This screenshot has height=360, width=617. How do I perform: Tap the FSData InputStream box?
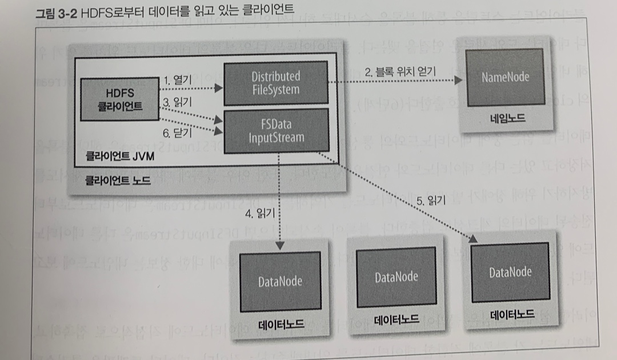[x=275, y=130]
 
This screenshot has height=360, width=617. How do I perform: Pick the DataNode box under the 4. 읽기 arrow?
[x=280, y=281]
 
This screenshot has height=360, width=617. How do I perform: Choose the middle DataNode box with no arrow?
[x=396, y=277]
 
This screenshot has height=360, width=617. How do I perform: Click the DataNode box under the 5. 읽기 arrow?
[x=510, y=273]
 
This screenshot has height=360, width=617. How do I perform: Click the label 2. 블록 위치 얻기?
[x=400, y=72]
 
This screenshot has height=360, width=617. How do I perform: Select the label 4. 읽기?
[x=259, y=215]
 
